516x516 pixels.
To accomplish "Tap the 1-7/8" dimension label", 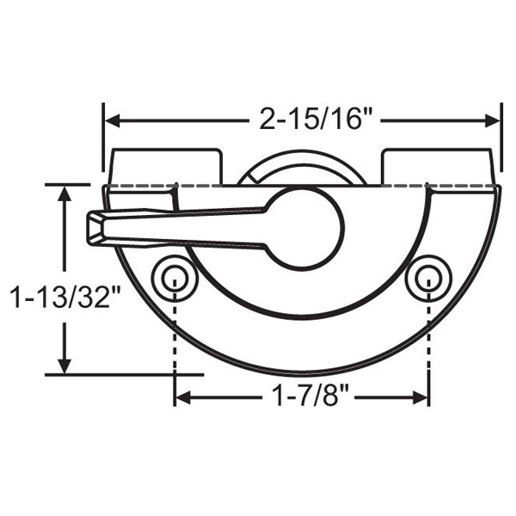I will [x=302, y=397].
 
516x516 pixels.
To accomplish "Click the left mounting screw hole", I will [x=173, y=277].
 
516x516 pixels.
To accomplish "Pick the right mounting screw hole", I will [x=428, y=277].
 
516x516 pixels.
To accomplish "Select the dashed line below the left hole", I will [x=174, y=335].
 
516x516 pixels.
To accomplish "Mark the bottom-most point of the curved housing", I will [x=301, y=374].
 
